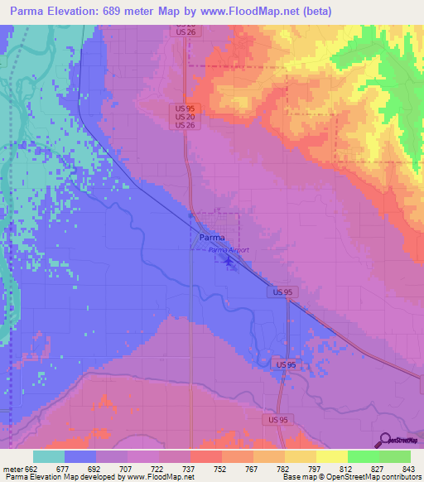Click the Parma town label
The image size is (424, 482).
212,237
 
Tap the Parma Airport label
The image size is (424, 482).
229,249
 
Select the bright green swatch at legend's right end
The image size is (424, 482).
395,456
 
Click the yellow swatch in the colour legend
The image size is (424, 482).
331,456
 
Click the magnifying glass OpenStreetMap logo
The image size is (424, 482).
384,440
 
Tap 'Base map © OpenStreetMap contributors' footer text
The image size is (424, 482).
351,477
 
